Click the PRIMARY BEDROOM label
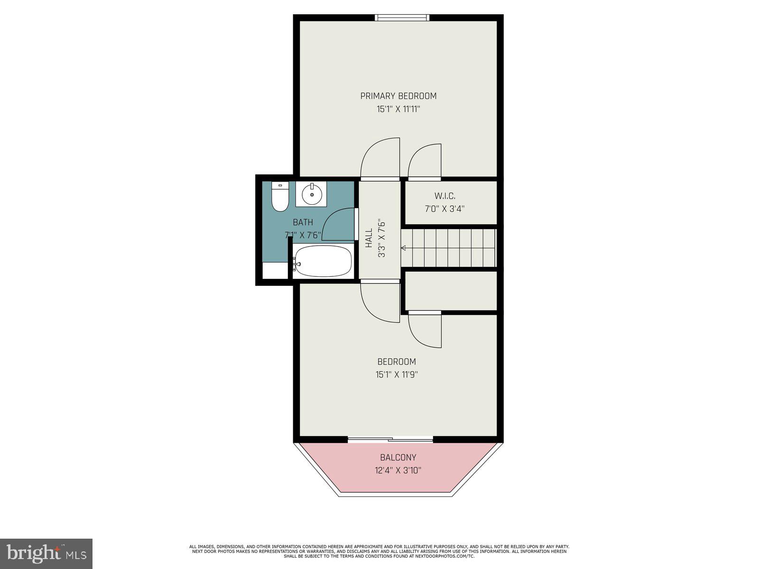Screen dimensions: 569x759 coord(398,96)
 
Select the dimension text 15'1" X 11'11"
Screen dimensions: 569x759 coord(398,109)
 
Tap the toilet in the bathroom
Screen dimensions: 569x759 coord(280,198)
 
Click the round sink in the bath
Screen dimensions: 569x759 coord(312,194)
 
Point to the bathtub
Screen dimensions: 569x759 coord(323,261)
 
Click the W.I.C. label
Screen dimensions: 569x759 coord(445,195)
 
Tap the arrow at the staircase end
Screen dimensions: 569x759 coord(404,248)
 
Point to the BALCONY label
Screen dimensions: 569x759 coord(398,458)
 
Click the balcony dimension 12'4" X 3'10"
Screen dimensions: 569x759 coord(398,470)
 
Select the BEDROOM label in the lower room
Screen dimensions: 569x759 coord(397,362)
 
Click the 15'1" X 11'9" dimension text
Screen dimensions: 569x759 coord(397,375)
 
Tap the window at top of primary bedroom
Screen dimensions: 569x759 coord(402,18)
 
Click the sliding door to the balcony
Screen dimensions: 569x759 coord(390,440)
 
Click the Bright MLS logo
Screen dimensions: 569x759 coord(46,553)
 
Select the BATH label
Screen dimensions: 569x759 coord(303,222)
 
